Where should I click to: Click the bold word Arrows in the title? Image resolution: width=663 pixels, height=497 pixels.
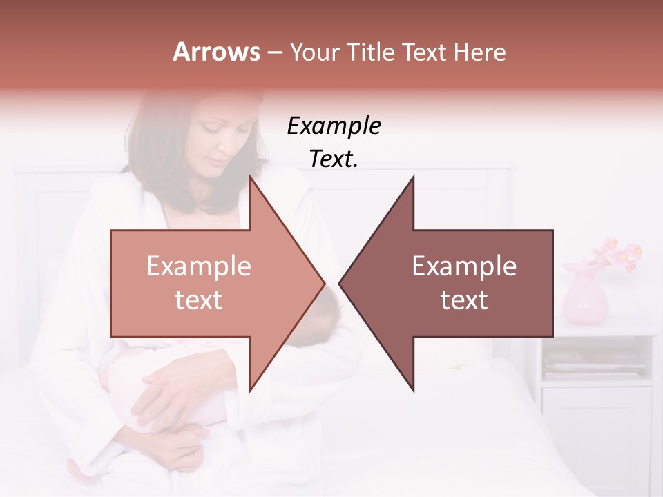(216, 52)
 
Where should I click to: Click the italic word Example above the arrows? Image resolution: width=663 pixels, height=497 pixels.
(334, 126)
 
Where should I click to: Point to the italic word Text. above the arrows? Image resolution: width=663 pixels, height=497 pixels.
(334, 159)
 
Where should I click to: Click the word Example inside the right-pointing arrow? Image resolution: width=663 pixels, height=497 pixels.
(199, 266)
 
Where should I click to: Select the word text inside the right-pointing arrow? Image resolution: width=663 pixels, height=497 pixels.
(199, 300)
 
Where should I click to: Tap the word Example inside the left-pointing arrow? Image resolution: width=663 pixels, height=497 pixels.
(464, 266)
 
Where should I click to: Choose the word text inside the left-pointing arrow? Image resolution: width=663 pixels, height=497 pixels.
(464, 300)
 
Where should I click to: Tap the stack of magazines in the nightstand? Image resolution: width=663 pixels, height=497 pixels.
(594, 362)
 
